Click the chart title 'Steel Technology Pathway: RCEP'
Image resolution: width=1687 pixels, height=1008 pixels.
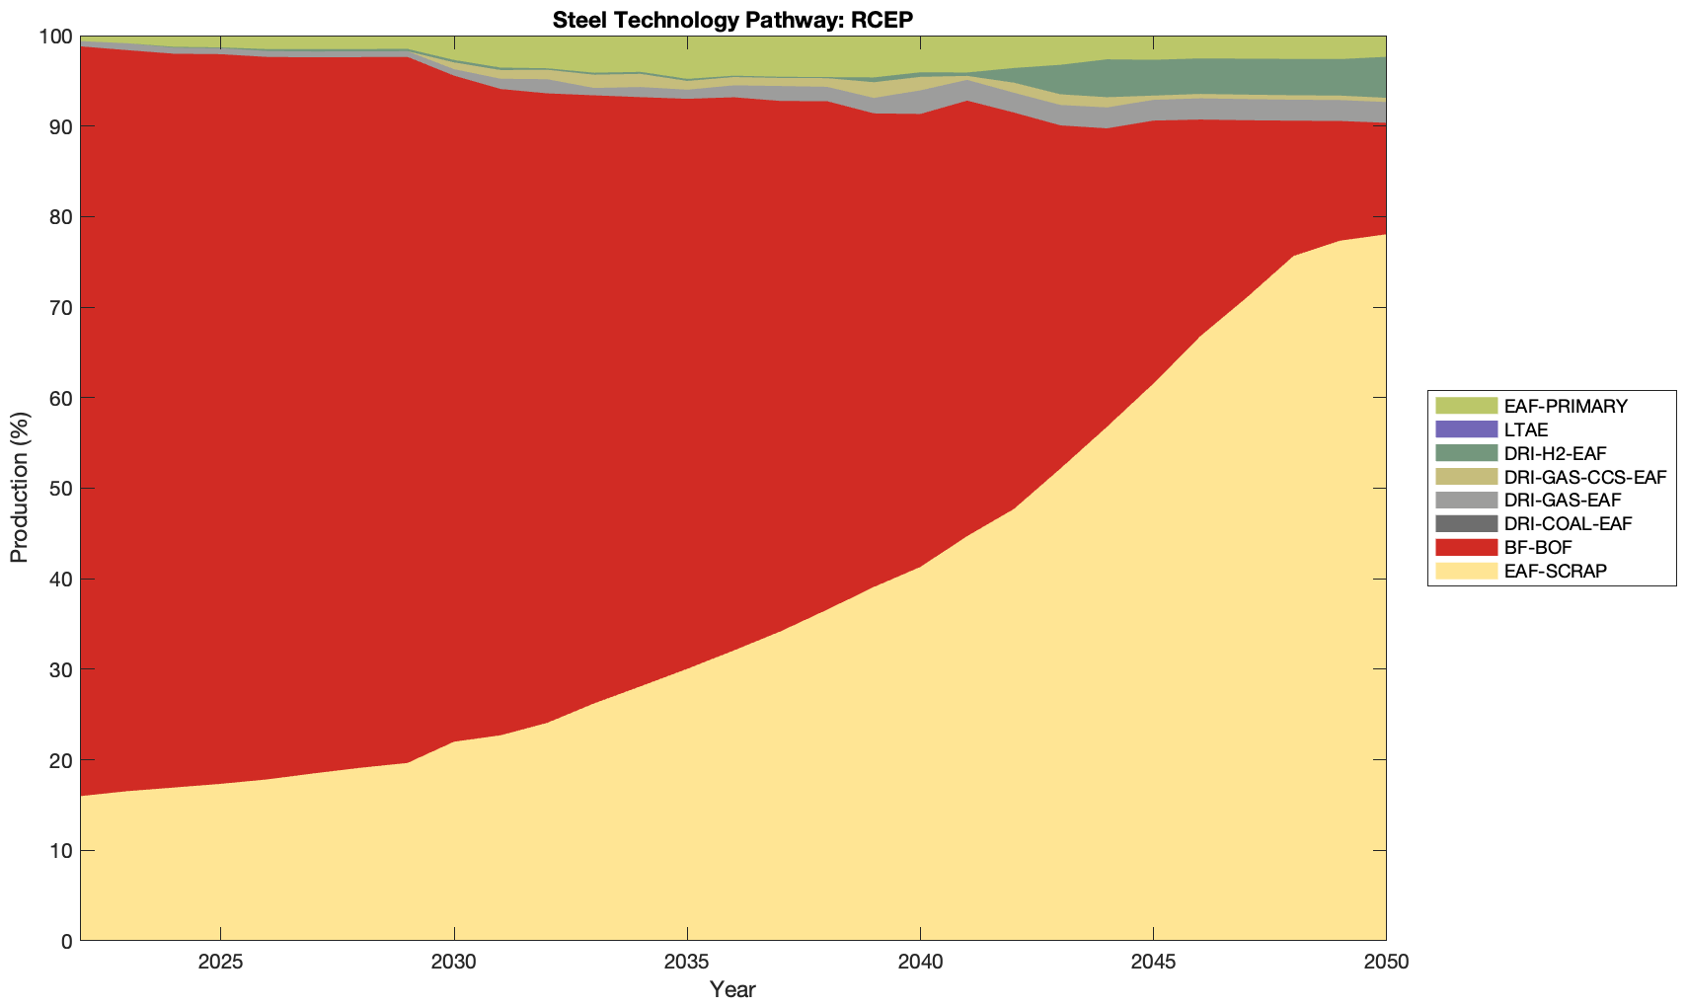(732, 20)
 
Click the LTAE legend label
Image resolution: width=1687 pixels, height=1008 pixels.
(1526, 430)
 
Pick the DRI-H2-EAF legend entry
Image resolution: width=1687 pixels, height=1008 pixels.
(1555, 453)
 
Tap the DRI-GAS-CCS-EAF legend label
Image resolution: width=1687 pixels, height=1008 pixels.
(1584, 477)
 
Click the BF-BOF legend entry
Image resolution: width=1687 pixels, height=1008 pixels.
(1538, 547)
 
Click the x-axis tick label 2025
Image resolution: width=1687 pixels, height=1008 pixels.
(220, 963)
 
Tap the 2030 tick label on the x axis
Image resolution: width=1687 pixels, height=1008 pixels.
(453, 963)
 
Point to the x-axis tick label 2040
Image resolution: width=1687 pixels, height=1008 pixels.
(920, 963)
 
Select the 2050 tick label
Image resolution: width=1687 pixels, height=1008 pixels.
(1386, 963)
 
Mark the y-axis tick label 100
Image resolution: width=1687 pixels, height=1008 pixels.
(55, 37)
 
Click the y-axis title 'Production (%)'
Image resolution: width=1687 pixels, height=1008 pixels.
(20, 489)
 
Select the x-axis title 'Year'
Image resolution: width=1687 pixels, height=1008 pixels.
(732, 989)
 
